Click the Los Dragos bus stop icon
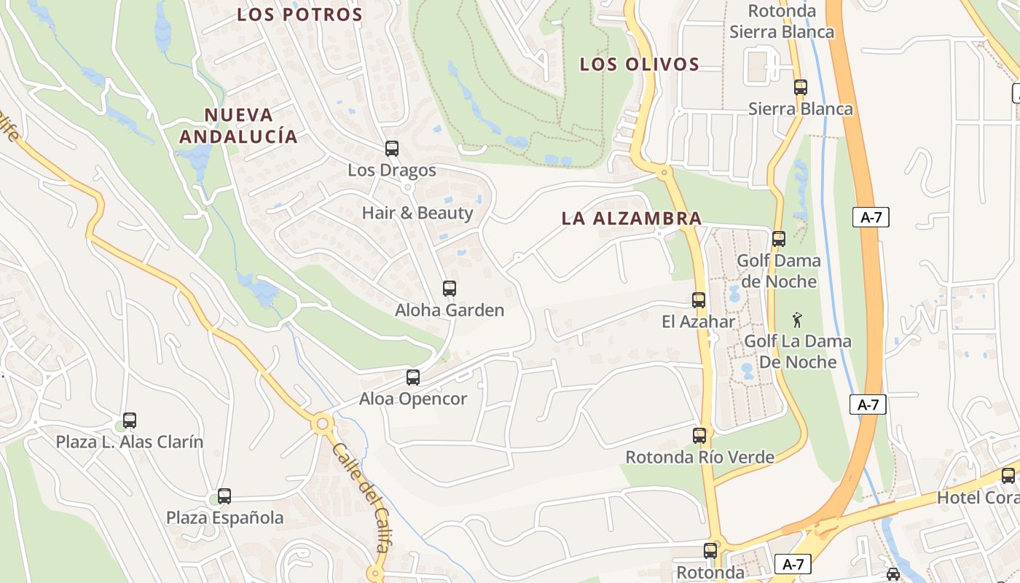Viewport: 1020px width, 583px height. pyautogui.click(x=392, y=149)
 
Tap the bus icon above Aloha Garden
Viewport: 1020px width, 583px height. pyautogui.click(x=450, y=288)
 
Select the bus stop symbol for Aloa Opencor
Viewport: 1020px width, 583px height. pyautogui.click(x=413, y=377)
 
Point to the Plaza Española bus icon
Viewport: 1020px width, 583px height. pyautogui.click(x=224, y=496)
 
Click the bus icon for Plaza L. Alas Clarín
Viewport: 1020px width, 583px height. pyautogui.click(x=130, y=420)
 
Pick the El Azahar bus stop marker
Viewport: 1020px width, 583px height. pyautogui.click(x=699, y=300)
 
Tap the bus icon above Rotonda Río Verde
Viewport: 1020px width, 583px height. pyautogui.click(x=699, y=436)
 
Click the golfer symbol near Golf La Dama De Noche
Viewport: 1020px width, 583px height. pyautogui.click(x=798, y=319)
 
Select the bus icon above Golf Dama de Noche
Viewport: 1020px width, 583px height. pyautogui.click(x=779, y=238)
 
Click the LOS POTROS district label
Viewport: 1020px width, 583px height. pyautogui.click(x=300, y=15)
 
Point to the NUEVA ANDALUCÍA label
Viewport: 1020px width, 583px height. pyautogui.click(x=239, y=125)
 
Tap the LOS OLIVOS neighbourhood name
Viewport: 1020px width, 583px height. pyautogui.click(x=640, y=64)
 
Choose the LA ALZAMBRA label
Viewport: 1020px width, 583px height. pyautogui.click(x=632, y=218)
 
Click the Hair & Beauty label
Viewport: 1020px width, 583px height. pyautogui.click(x=417, y=213)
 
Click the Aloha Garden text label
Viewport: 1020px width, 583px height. pyautogui.click(x=450, y=310)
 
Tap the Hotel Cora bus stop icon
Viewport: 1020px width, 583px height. pyautogui.click(x=1008, y=476)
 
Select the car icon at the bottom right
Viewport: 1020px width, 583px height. pyautogui.click(x=893, y=574)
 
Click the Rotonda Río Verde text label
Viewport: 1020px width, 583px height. pyautogui.click(x=700, y=457)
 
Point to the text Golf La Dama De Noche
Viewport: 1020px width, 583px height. pyautogui.click(x=798, y=351)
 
